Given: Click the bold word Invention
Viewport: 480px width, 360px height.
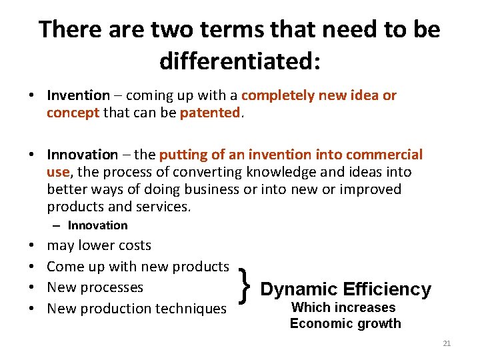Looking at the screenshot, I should [78, 95].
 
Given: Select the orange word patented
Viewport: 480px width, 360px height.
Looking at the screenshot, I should [209, 113].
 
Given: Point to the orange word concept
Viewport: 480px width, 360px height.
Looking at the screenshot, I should [73, 113].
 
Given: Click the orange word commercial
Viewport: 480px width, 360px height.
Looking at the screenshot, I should [385, 155].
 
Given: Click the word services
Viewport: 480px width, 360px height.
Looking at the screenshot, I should [163, 207].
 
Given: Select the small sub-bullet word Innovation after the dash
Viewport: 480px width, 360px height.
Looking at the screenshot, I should [97, 225].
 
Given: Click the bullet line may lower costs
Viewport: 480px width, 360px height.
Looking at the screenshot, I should [99, 245].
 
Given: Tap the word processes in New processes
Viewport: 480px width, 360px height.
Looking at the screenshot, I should [111, 287].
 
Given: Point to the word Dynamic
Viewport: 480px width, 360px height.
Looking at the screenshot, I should [298, 289].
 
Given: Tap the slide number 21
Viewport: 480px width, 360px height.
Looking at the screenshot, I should [447, 343].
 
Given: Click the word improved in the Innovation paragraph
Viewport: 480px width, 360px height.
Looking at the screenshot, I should [369, 189].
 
